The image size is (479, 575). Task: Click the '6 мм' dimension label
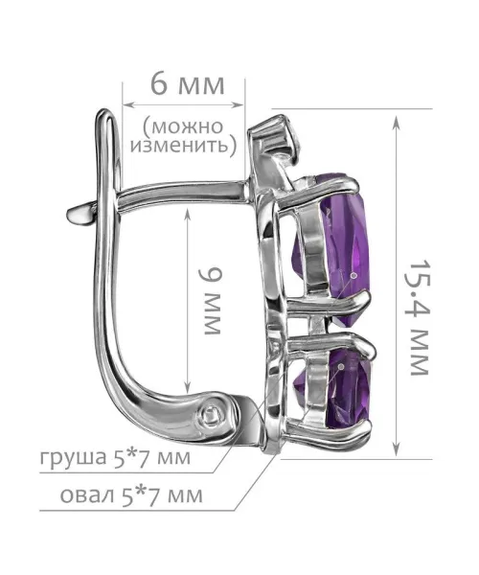(x=187, y=85)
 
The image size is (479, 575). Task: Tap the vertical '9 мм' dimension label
(x=211, y=301)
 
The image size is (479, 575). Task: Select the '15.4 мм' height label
(x=419, y=317)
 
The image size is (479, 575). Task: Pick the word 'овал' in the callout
(x=87, y=495)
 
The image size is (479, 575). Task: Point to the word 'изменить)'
(x=184, y=146)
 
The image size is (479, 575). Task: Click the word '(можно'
(x=183, y=126)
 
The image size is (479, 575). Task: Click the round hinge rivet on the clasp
(x=213, y=416)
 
